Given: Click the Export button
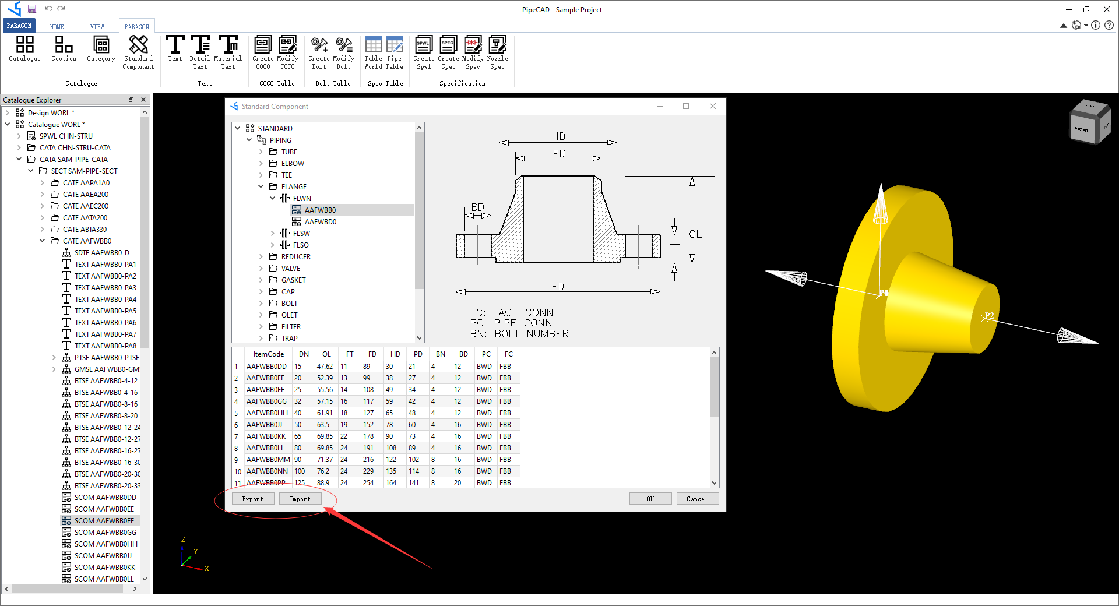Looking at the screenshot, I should [253, 499].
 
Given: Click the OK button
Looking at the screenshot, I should [650, 499].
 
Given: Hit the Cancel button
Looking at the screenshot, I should [696, 499].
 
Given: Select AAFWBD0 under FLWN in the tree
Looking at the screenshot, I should [320, 222].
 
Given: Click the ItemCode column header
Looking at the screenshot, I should [268, 354].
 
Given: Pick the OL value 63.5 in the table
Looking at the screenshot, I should [323, 425].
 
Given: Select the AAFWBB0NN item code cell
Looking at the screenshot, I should [267, 471].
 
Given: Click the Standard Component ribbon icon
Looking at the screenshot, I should [138, 51].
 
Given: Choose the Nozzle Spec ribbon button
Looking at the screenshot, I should [497, 51].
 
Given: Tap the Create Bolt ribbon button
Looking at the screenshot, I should [319, 51].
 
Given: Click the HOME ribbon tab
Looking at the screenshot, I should [57, 27].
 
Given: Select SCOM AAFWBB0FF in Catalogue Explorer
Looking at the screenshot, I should [104, 521].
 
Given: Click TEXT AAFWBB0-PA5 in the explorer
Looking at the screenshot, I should [105, 311].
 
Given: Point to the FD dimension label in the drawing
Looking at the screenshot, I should [558, 287].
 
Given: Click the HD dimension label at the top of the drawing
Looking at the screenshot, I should [558, 136].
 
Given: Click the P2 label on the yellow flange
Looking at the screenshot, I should [989, 316].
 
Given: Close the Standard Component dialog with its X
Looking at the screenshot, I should [712, 106].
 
